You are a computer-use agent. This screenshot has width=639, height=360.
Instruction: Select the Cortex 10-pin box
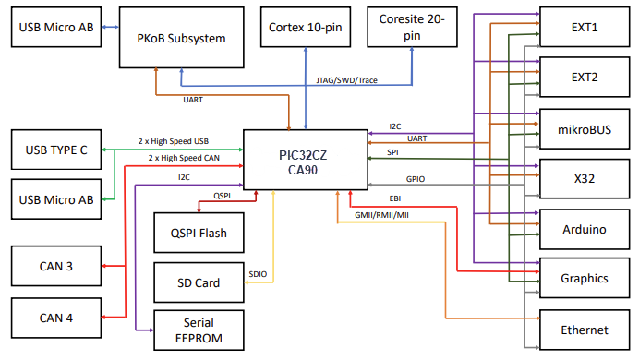(305, 28)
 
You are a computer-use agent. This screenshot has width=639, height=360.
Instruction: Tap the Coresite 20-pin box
(412, 28)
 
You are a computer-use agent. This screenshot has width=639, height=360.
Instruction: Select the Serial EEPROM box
(200, 330)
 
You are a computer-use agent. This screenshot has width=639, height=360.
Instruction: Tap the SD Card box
(199, 282)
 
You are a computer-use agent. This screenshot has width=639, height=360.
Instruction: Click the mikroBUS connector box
(585, 126)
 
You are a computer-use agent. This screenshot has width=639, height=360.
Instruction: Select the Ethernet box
(585, 330)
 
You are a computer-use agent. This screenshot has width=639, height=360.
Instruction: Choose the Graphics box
(585, 277)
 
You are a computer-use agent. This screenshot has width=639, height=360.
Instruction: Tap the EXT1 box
(585, 28)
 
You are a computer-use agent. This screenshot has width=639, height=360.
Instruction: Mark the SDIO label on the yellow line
(259, 274)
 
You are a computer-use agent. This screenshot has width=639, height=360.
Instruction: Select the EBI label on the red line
(394, 198)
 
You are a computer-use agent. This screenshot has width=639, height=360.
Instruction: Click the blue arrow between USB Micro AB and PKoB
(110, 28)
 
